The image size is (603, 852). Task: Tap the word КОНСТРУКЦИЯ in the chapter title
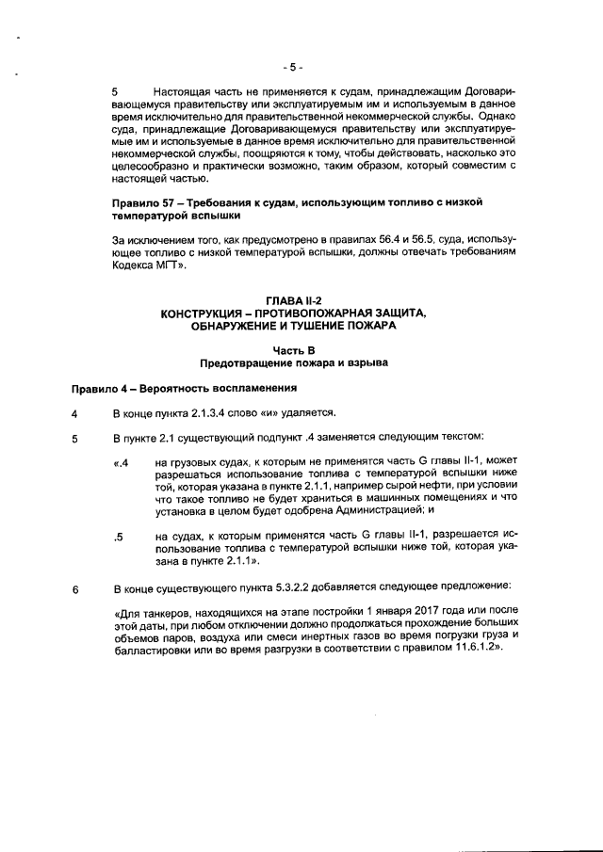tap(205, 313)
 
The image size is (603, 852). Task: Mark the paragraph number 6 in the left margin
tap(75, 590)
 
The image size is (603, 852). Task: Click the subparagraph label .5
tap(118, 538)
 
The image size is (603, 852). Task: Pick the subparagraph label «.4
tap(120, 462)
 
